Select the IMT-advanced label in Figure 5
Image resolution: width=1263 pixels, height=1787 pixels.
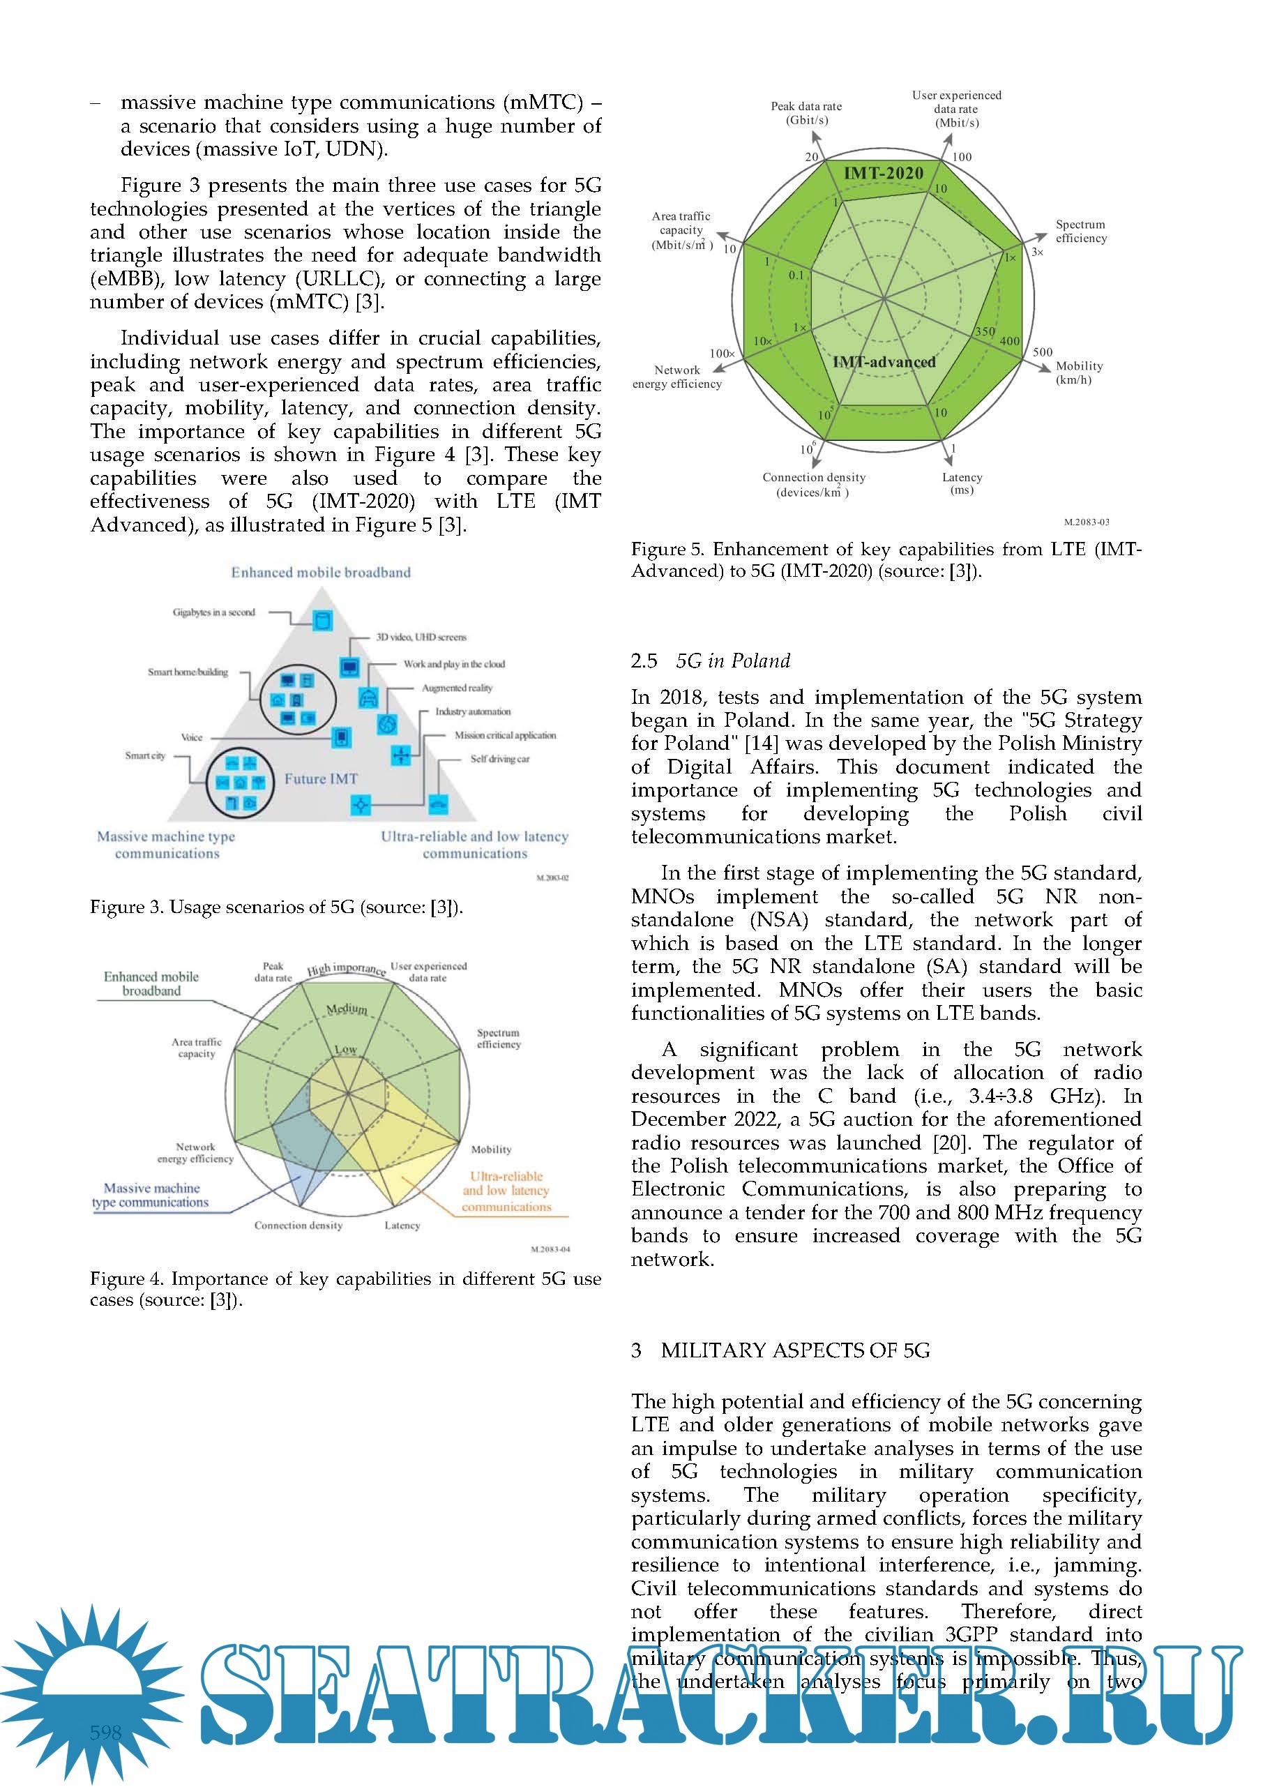884,362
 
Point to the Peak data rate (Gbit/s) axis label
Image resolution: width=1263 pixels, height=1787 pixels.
806,113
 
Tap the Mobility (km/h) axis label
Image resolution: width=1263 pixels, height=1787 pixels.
1079,372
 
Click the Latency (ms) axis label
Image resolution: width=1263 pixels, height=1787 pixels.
962,483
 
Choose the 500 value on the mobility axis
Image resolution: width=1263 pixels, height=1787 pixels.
1042,352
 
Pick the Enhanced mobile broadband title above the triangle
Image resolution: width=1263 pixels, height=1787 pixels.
321,572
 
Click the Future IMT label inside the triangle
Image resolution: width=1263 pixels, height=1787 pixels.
321,779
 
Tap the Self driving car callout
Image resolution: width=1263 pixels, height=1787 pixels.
499,759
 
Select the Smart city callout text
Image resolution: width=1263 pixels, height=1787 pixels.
146,755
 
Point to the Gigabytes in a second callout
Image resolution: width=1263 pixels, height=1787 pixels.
214,612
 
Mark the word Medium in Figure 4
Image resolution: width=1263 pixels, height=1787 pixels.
347,1009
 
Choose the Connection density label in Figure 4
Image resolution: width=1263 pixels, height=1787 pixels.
298,1225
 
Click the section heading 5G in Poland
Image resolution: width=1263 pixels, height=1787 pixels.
732,661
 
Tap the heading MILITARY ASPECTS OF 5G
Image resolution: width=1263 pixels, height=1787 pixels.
795,1350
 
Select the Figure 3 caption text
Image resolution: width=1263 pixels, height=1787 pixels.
276,907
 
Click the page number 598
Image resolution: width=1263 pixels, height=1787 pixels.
106,1733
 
